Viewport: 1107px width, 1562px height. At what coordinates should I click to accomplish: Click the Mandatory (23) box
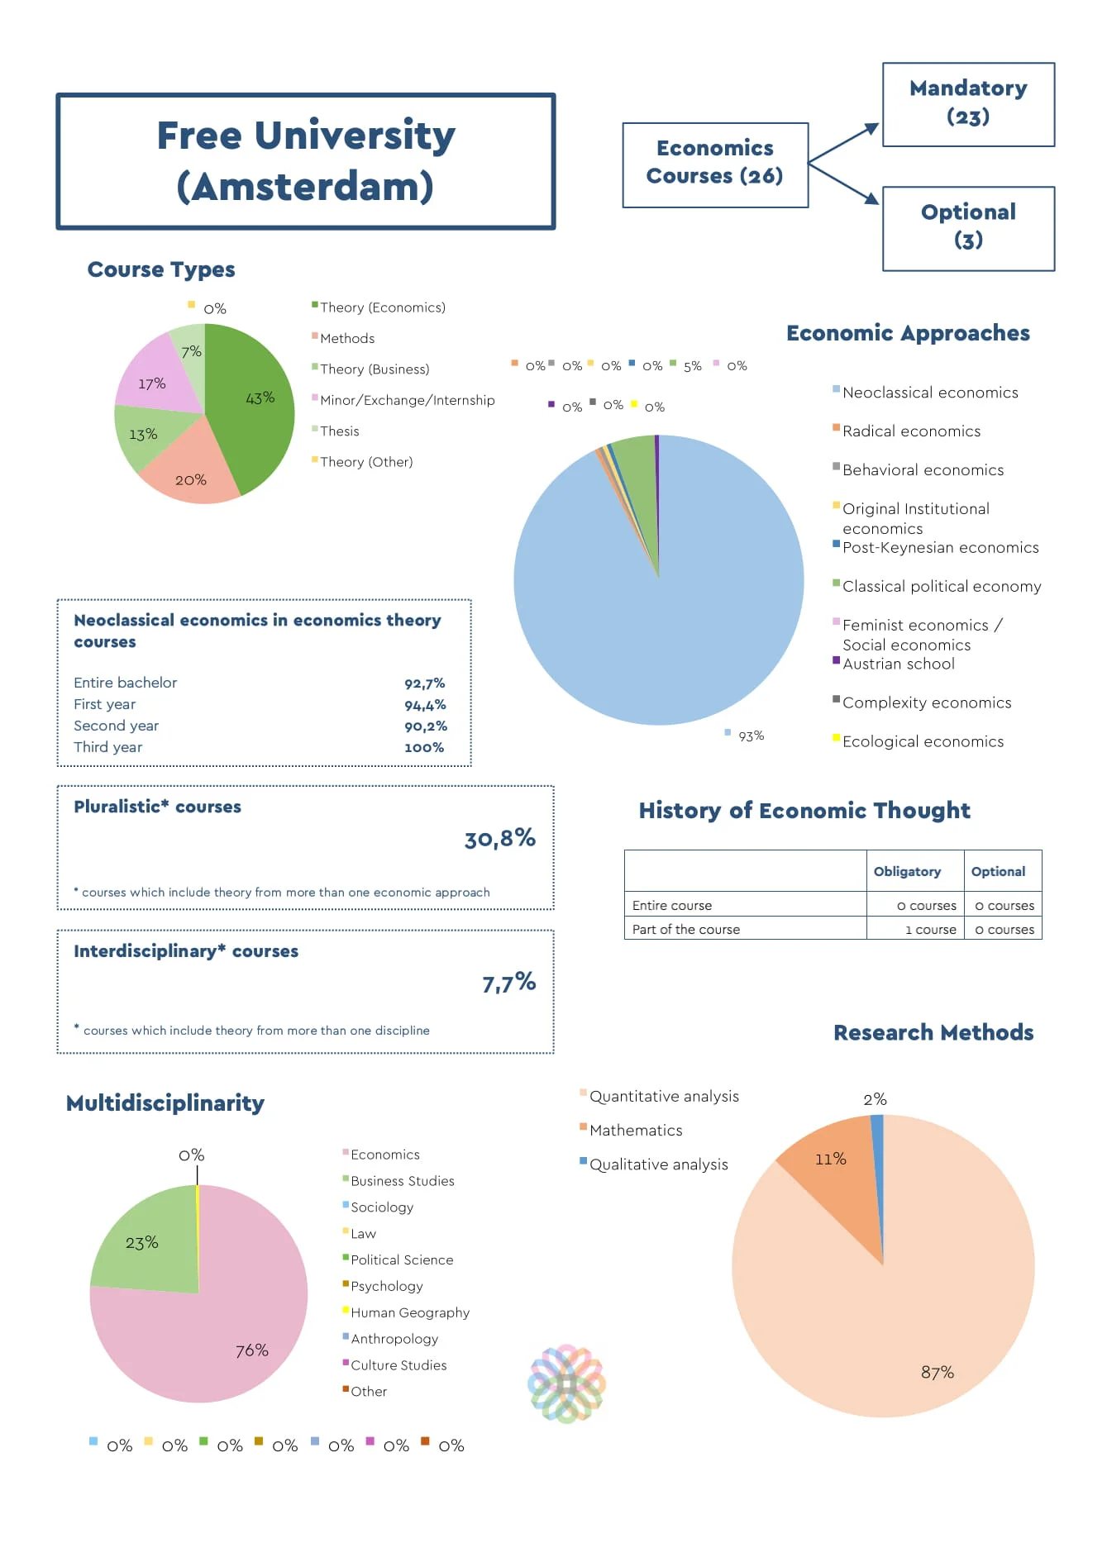click(968, 104)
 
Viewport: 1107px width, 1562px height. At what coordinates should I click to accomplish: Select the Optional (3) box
click(968, 228)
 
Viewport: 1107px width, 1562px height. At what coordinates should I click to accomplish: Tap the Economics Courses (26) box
click(714, 164)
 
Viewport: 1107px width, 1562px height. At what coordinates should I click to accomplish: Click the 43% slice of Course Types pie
click(256, 405)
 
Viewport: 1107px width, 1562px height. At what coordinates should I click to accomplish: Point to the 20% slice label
click(191, 480)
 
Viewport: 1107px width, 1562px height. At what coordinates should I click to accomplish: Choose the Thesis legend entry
click(339, 431)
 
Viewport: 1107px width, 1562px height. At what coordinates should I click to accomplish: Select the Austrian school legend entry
click(898, 664)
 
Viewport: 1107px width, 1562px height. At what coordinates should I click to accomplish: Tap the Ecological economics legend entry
click(923, 742)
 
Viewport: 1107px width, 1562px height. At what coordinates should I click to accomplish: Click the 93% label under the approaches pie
click(751, 736)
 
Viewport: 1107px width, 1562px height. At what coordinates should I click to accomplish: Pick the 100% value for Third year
click(424, 748)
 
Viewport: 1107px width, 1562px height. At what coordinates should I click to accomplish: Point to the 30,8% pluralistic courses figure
click(499, 840)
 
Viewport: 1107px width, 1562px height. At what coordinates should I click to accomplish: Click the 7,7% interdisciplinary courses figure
click(508, 983)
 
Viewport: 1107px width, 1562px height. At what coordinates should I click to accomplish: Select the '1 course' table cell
click(930, 930)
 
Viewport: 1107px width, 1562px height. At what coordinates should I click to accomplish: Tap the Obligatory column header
click(907, 872)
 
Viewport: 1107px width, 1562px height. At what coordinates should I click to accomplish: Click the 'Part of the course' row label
click(686, 930)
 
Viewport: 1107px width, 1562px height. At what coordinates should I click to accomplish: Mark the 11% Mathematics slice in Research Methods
click(835, 1165)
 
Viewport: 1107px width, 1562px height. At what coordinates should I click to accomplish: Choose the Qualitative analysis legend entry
click(658, 1165)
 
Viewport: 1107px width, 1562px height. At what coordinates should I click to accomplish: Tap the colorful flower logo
click(567, 1383)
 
